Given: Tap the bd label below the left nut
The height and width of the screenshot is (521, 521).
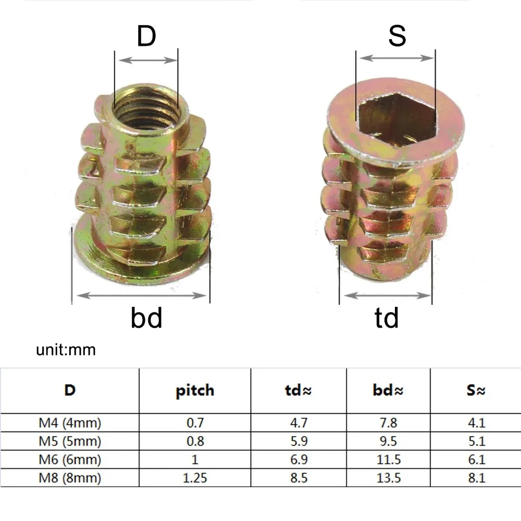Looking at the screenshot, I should coord(146,317).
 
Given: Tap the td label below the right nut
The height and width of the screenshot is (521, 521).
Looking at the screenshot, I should coord(386,317).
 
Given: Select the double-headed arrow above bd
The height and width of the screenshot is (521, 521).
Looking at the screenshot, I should coord(141,296).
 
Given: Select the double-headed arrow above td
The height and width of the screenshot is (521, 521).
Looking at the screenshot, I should coord(386,296).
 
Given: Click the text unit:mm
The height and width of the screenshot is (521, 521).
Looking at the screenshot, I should coord(66,349).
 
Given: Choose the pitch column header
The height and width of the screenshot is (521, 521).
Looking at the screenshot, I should coord(195,390).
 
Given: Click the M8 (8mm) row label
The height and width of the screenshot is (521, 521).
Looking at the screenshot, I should coord(70,478).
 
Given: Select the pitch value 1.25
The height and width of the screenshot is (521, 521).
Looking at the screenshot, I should coord(195,478).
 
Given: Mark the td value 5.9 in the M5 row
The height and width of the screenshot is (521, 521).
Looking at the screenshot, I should coord(299,441).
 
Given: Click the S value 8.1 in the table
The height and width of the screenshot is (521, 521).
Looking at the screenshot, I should coord(475,478).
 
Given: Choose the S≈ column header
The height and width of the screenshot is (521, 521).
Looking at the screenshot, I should coord(475,390).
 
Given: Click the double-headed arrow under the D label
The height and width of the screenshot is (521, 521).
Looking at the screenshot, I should coord(146,60).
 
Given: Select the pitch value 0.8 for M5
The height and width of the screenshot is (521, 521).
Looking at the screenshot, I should coord(195,441).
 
